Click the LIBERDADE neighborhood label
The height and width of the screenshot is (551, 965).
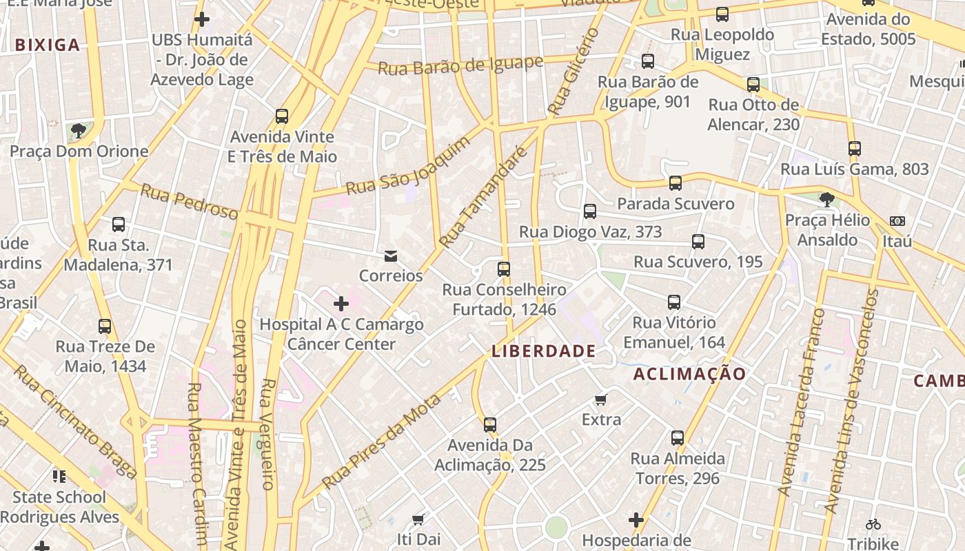(543, 351)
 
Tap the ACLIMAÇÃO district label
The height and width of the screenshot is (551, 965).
(689, 374)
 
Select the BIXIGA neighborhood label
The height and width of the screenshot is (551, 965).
(48, 45)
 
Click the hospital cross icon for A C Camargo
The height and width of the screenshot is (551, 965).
(341, 304)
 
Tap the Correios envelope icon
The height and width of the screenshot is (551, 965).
(391, 256)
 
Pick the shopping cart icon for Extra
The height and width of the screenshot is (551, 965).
(601, 399)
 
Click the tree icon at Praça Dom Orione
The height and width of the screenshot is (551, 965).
(79, 131)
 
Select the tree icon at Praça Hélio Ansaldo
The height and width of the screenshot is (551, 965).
(826, 200)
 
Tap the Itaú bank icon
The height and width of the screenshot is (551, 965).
(897, 221)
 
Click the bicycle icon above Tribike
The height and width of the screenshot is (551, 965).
(873, 523)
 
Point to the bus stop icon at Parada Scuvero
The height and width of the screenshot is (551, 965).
(675, 183)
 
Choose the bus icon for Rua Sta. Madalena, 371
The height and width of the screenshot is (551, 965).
(119, 225)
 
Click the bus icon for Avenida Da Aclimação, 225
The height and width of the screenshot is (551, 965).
(489, 425)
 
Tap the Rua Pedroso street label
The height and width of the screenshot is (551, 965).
(189, 202)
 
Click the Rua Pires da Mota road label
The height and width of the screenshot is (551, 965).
(381, 441)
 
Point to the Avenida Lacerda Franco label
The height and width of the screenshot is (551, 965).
(800, 403)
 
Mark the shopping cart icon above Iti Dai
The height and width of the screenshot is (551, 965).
(418, 519)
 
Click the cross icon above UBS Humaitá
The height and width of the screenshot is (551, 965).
(201, 19)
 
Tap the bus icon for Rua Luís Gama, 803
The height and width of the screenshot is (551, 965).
(855, 149)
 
